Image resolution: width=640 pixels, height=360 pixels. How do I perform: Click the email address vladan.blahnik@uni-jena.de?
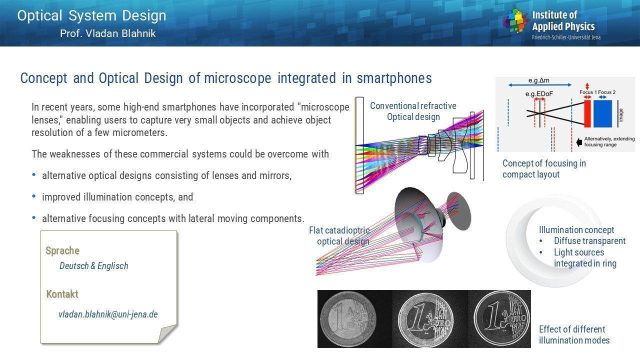click(x=108, y=314)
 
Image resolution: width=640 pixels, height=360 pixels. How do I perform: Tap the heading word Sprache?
click(x=62, y=250)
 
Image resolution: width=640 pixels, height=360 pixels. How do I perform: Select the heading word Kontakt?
click(x=62, y=294)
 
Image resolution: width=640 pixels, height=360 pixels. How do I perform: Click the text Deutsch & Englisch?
click(x=93, y=265)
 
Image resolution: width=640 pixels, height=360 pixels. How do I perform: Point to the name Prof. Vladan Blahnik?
click(x=108, y=33)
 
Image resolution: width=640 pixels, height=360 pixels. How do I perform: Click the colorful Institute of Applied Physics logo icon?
click(x=515, y=20)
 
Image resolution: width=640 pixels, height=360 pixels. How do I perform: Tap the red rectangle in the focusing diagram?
click(x=587, y=113)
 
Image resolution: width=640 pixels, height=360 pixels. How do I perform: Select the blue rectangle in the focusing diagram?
click(x=603, y=113)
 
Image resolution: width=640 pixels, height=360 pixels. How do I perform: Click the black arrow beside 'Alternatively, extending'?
click(x=579, y=142)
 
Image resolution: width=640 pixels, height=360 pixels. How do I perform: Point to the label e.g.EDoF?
click(x=539, y=94)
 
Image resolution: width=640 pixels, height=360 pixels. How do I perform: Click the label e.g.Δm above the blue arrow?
click(x=539, y=80)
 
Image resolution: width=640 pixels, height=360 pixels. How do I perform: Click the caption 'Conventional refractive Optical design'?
click(x=413, y=111)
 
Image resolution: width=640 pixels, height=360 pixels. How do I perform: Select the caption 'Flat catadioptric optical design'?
click(x=339, y=235)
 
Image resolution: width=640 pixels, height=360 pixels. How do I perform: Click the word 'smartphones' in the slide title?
click(x=394, y=78)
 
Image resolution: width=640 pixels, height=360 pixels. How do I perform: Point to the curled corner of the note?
click(x=167, y=333)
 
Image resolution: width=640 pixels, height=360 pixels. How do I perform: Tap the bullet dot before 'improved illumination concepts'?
click(x=34, y=196)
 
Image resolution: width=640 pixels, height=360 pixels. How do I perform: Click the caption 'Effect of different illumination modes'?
click(x=574, y=335)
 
